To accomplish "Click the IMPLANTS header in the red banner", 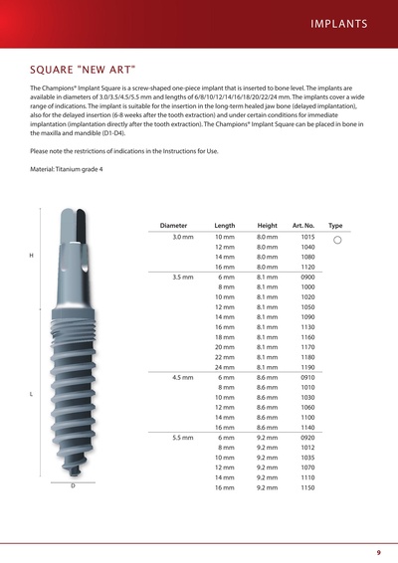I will point(339,23).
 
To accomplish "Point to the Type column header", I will point(335,226).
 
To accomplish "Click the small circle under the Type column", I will point(336,241).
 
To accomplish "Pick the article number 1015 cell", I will point(307,238).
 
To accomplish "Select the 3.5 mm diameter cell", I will point(182,276).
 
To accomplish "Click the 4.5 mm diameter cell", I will point(182,377).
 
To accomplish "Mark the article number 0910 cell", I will point(307,377).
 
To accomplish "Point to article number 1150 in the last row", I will point(307,488).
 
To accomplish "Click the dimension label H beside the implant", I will point(32,257).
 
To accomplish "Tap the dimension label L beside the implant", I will point(32,395).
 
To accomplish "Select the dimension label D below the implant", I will point(72,486).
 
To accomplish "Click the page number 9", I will point(378,552).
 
